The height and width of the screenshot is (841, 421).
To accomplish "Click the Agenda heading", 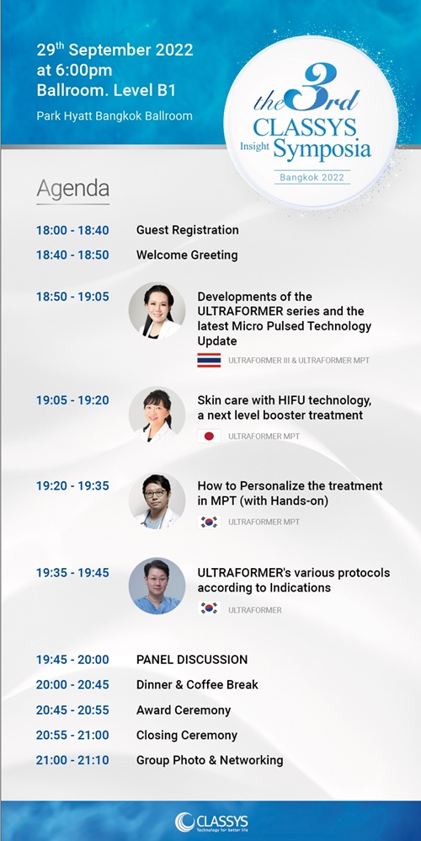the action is [x=73, y=190].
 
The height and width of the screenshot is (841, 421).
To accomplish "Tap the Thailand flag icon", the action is [x=209, y=361].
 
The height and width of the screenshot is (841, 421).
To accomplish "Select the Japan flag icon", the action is [x=209, y=437].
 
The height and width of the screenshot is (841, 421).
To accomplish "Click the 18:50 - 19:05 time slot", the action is [x=73, y=297].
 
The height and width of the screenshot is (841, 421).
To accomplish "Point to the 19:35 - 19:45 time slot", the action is [x=73, y=573].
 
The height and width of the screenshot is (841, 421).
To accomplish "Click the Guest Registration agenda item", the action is [x=188, y=230].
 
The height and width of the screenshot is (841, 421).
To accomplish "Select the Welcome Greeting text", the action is [x=187, y=254].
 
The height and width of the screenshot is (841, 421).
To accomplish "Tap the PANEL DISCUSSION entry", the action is [x=192, y=660].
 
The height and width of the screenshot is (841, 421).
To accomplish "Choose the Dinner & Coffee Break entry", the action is [x=197, y=685].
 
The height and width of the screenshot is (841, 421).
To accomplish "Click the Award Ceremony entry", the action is [x=184, y=710].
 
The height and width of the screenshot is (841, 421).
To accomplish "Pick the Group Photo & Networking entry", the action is [x=210, y=761].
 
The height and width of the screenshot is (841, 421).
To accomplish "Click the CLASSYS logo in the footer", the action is [x=211, y=822].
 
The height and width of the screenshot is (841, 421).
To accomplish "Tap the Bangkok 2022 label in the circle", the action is [x=312, y=177].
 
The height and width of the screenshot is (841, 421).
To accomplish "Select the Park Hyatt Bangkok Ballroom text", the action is [x=115, y=115].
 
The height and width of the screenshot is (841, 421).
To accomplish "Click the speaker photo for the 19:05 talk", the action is [x=157, y=415].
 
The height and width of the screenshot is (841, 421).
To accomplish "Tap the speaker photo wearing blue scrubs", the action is [x=157, y=586].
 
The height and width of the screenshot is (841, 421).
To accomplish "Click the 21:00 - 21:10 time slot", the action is [x=73, y=761].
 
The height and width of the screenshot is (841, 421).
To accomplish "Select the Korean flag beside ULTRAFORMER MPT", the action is [x=209, y=522].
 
